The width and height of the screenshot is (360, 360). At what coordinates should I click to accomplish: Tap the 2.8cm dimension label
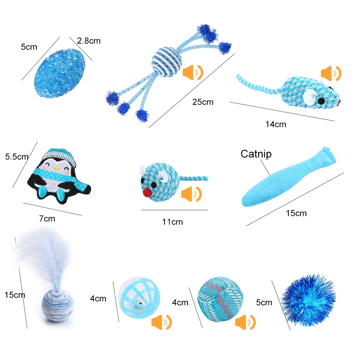[x=89, y=41]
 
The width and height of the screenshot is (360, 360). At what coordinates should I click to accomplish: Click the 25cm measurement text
[x=203, y=102]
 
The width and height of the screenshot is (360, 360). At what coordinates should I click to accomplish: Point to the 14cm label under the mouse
[x=276, y=124]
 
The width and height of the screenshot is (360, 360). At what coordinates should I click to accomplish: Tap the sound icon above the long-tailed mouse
[x=331, y=73]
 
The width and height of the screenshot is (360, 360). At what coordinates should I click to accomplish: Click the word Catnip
[x=256, y=154]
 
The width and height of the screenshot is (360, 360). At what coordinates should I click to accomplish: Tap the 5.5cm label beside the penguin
[x=17, y=157]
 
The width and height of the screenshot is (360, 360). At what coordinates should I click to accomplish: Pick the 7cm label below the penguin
[x=47, y=218]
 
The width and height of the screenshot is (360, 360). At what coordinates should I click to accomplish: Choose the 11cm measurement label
[x=172, y=222]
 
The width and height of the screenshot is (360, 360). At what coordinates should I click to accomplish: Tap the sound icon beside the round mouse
[x=192, y=194]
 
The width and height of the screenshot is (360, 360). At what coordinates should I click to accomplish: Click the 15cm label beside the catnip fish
[x=296, y=213]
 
